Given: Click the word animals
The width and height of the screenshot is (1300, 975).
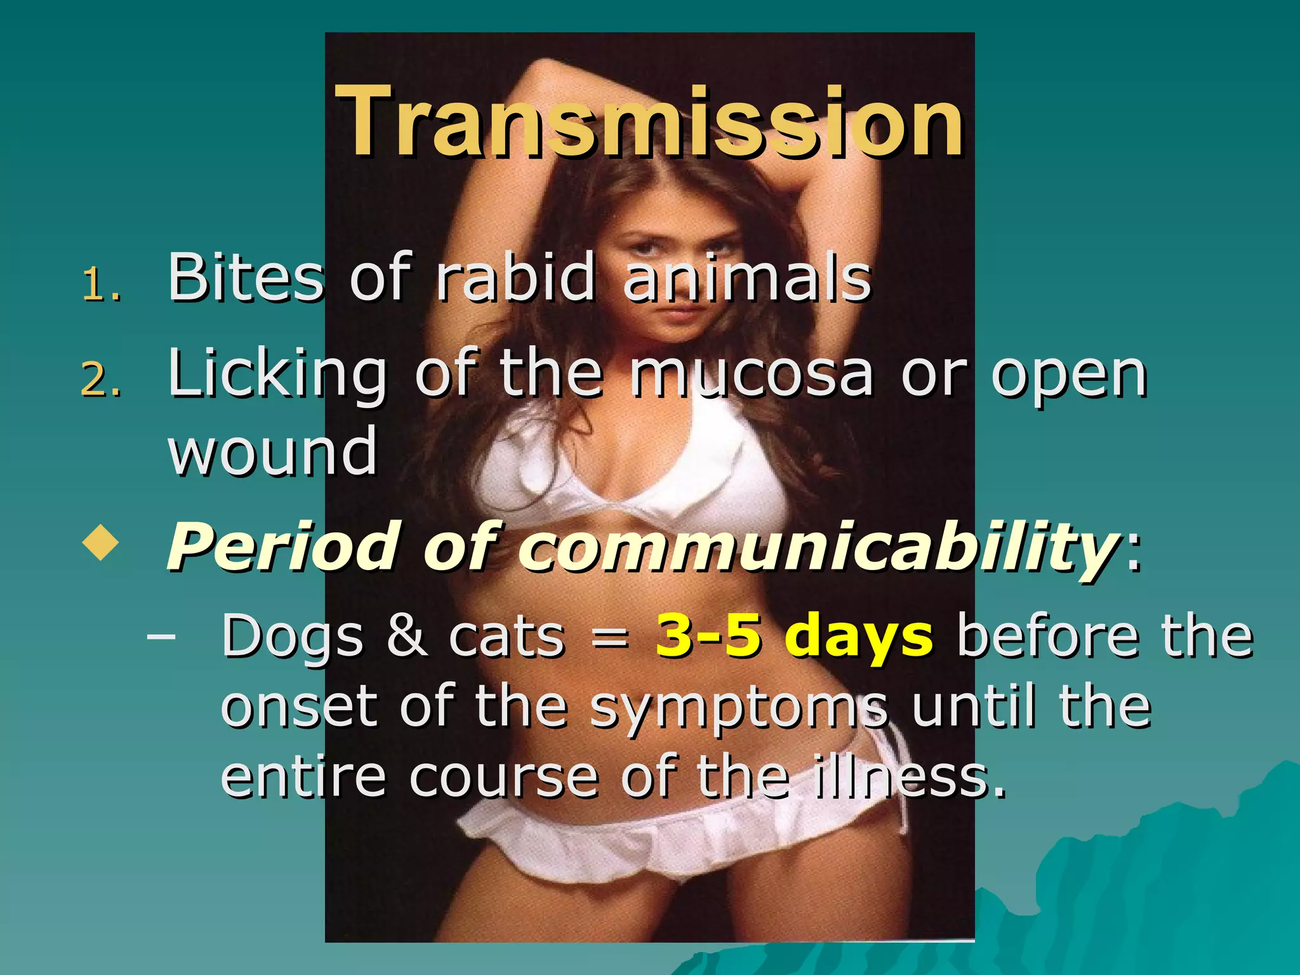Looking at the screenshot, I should click(747, 278).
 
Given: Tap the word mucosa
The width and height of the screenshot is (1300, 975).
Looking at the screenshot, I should click(752, 375).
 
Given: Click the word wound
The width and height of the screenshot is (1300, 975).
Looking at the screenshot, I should click(273, 451).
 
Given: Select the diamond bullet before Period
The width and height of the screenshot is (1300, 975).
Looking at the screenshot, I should click(101, 543).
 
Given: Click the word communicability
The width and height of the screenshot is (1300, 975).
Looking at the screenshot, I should click(819, 546).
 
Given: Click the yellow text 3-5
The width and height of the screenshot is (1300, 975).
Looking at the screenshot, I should click(708, 635).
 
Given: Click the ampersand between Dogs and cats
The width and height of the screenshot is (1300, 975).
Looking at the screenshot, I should click(406, 635).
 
